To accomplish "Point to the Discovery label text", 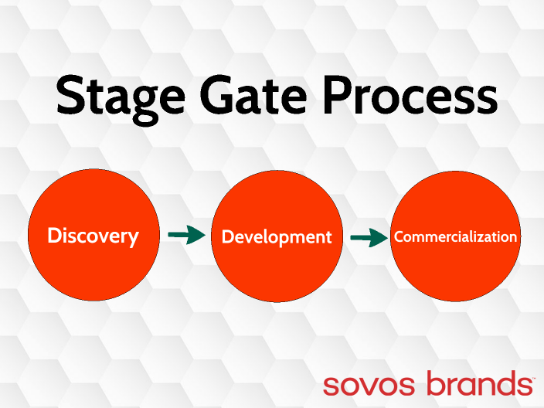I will point(93,236).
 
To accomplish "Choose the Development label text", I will point(277,237).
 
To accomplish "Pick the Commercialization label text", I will point(455,237).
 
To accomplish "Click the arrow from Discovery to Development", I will point(185,236).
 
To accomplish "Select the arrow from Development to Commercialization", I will point(369,238).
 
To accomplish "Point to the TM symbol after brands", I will point(530,375).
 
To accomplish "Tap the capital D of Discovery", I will point(54,236).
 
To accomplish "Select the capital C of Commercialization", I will point(399,237).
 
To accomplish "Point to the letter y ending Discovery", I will point(134,239).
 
